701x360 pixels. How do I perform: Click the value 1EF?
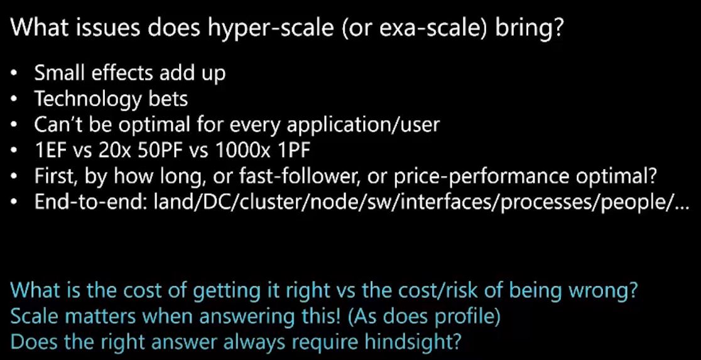(x=50, y=150)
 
